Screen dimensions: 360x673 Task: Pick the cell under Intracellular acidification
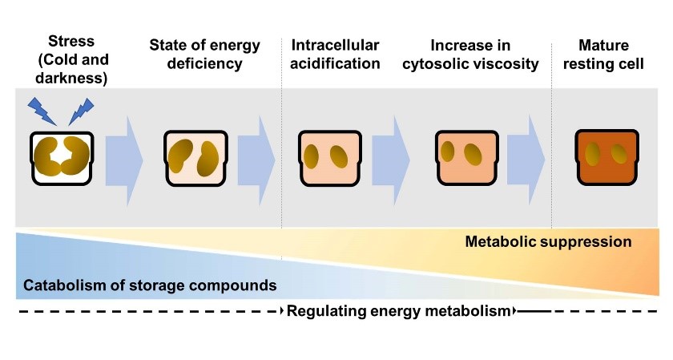(x=326, y=155)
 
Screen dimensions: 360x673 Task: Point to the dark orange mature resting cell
(x=604, y=155)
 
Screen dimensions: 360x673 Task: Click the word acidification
(x=335, y=63)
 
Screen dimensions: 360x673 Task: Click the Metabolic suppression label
(x=548, y=241)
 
